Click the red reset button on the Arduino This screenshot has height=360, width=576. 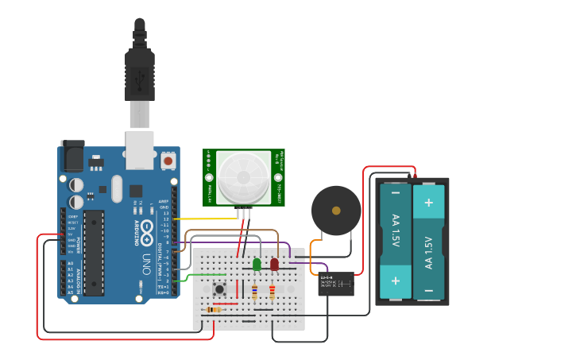click(x=168, y=161)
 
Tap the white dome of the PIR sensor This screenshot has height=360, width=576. click(x=244, y=177)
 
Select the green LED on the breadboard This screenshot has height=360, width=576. click(x=257, y=264)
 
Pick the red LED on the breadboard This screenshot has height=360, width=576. click(x=274, y=264)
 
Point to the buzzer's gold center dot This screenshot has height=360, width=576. click(x=336, y=211)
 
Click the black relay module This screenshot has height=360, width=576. click(x=336, y=283)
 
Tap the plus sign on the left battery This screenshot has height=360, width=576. click(x=395, y=281)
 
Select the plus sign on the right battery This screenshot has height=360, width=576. click(x=429, y=202)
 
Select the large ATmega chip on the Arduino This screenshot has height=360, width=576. click(x=94, y=253)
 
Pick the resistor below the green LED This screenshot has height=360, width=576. click(x=254, y=293)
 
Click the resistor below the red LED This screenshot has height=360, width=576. click(x=272, y=293)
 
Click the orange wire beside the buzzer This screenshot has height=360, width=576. click(x=311, y=252)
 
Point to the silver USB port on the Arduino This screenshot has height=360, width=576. click(x=140, y=150)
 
